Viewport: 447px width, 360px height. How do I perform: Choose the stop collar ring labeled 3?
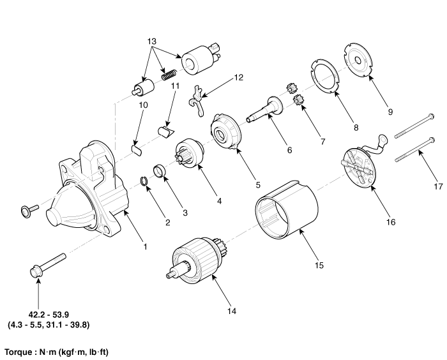162,173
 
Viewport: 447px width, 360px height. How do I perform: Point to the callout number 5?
257,184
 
